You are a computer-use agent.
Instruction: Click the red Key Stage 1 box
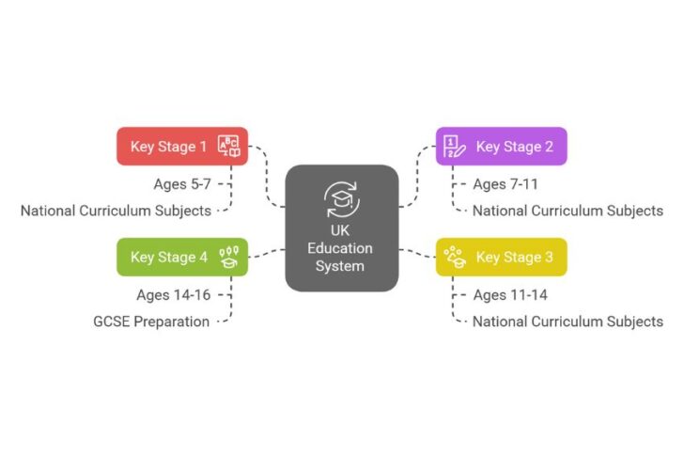pyautogui.click(x=181, y=146)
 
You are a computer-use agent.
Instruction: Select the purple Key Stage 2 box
pyautogui.click(x=501, y=146)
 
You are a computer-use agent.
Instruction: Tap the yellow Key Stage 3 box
pyautogui.click(x=501, y=257)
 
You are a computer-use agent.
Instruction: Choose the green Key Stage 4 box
pyautogui.click(x=181, y=257)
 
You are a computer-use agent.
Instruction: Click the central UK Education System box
pyautogui.click(x=342, y=227)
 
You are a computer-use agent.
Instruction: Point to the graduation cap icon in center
pyautogui.click(x=342, y=197)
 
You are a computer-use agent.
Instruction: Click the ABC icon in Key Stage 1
pyautogui.click(x=229, y=146)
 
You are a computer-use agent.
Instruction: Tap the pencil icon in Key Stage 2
pyautogui.click(x=455, y=147)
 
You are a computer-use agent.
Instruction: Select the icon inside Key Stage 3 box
pyautogui.click(x=455, y=257)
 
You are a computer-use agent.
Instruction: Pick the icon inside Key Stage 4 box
pyautogui.click(x=229, y=257)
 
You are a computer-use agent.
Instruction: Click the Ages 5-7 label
pyautogui.click(x=182, y=184)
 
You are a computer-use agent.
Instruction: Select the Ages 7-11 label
pyautogui.click(x=505, y=184)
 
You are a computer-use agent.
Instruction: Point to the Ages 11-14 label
pyautogui.click(x=509, y=295)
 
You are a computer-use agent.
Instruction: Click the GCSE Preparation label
pyautogui.click(x=151, y=322)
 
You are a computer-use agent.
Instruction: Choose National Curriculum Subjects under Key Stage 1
pyautogui.click(x=116, y=211)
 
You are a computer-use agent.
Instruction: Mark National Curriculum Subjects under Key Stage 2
pyautogui.click(x=567, y=211)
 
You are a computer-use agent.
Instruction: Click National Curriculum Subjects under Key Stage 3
pyautogui.click(x=567, y=322)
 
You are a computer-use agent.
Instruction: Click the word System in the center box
pyautogui.click(x=342, y=266)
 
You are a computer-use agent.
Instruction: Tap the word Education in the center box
pyautogui.click(x=342, y=248)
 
